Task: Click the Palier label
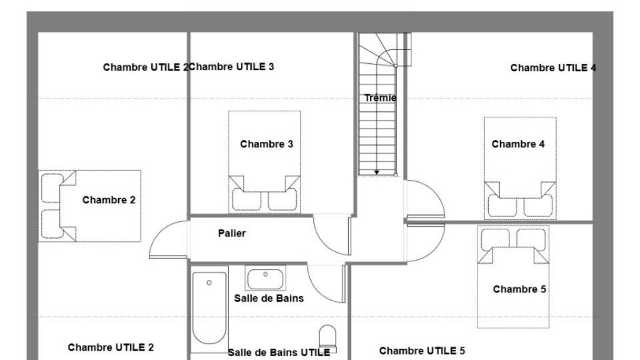pos(232,234)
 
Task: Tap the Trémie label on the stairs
pos(380,98)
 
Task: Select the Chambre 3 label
pos(266,144)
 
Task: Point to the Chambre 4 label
pos(518,144)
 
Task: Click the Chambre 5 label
pos(519,289)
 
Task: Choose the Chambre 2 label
pos(109,200)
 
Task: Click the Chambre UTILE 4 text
pos(553,67)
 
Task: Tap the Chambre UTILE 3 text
pos(231,66)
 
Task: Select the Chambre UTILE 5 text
pos(422,351)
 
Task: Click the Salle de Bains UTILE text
pos(279,352)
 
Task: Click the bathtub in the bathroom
pos(209,308)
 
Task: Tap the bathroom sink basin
pos(265,279)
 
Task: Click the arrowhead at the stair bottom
pos(377,172)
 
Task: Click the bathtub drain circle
pos(209,282)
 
